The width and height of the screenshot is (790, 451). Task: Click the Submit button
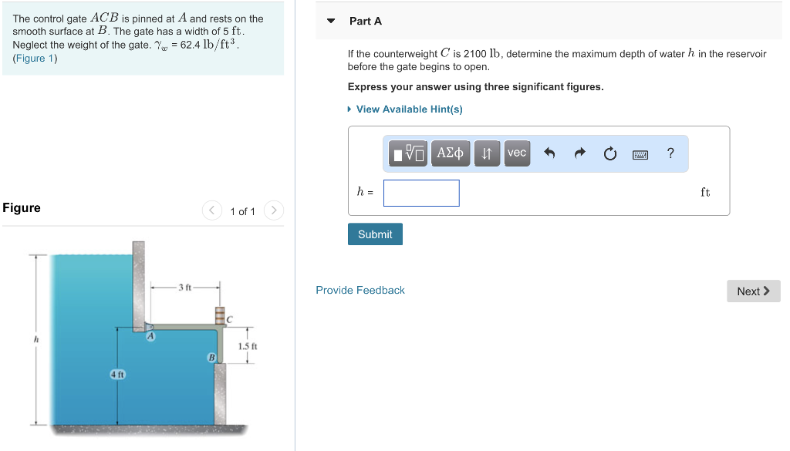pos(375,234)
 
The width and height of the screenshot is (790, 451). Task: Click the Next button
pos(753,291)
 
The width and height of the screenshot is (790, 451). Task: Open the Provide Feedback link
pos(360,291)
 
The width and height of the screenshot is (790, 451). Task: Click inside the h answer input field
pos(421,193)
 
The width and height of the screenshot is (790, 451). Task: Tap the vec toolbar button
pos(517,153)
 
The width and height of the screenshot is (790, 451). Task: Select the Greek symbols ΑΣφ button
pos(450,153)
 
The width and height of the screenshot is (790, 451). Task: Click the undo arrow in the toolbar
pos(549,153)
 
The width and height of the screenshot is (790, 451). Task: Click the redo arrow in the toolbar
pos(579,153)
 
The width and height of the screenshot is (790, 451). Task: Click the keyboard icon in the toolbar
pos(640,154)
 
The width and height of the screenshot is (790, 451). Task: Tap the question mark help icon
pos(670,153)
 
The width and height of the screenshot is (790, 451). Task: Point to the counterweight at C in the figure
pos(219,315)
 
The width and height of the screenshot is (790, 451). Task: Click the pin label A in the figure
pos(151,336)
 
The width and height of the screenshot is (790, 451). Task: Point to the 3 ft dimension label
pos(184,288)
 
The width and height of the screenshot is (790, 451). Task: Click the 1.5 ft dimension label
pos(248,346)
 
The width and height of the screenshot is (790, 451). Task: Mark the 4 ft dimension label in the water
pos(117,374)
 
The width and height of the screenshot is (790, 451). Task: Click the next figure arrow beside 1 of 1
pos(274,210)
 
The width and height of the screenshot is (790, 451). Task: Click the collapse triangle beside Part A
pos(332,21)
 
